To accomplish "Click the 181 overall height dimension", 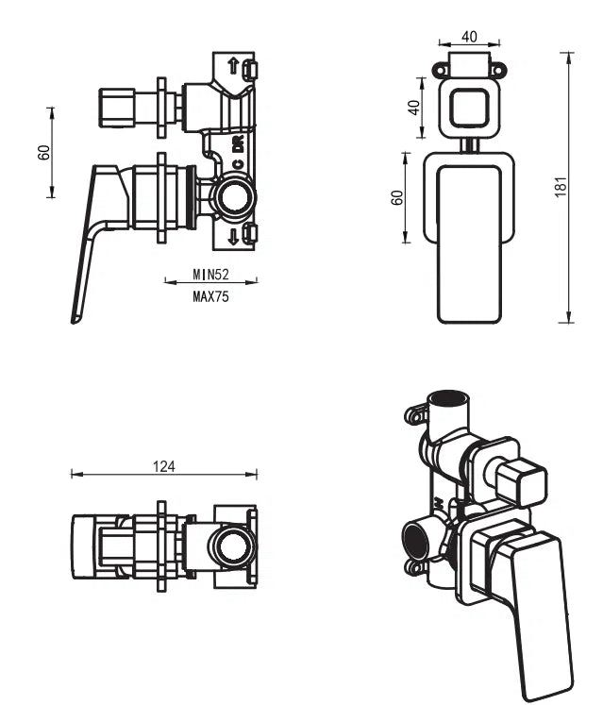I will [x=561, y=187].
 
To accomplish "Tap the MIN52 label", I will [x=211, y=275].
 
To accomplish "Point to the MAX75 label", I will [x=211, y=294].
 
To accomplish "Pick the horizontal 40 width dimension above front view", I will [x=468, y=37].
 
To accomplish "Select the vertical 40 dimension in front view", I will [x=412, y=106].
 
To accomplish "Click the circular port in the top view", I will [x=230, y=546].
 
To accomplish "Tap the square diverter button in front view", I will [x=469, y=108].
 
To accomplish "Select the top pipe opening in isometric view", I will [x=449, y=397].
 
